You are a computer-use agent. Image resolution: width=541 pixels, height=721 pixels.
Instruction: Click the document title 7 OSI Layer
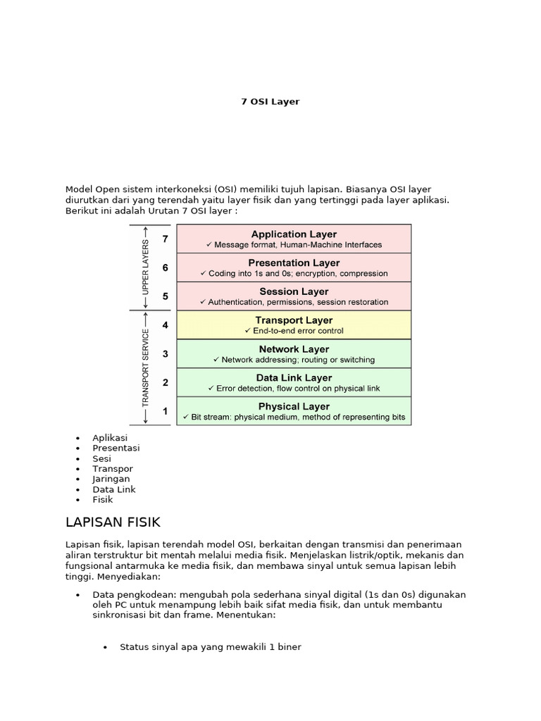tap(270, 101)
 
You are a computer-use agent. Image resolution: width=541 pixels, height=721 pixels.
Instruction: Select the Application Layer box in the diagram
tap(294, 239)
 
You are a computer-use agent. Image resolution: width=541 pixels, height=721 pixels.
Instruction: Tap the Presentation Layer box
tap(294, 268)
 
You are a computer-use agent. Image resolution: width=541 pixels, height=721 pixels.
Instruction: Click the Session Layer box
tap(294, 296)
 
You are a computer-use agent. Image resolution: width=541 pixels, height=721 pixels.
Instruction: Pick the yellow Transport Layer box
tap(294, 325)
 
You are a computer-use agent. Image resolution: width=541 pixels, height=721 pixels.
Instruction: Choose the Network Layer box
tap(294, 354)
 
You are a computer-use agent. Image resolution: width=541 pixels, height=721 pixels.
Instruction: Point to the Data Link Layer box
tap(294, 383)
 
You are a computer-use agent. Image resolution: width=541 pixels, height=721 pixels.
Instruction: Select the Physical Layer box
tap(294, 411)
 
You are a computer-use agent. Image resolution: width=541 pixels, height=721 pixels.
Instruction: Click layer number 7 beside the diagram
tap(165, 239)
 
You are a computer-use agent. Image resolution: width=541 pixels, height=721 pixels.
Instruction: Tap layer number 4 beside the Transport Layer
tap(165, 325)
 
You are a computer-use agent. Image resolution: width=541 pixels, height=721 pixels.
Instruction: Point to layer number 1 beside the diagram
tap(165, 411)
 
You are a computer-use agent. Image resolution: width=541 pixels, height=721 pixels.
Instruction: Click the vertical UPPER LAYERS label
tap(146, 268)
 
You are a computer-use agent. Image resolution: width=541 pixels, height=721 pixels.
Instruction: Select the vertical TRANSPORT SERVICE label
tap(146, 368)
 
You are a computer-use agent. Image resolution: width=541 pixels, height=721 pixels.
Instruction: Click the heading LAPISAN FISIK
tap(113, 522)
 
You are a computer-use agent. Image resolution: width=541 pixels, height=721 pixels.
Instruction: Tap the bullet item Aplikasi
tap(110, 438)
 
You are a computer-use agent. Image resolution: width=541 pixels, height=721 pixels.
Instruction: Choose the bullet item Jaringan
tap(111, 479)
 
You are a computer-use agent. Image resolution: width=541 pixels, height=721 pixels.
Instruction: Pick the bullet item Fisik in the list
tap(102, 499)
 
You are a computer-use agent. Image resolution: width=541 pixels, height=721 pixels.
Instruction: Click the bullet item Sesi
tap(102, 458)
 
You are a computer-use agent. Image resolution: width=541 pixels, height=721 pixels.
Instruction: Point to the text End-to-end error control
tap(293, 330)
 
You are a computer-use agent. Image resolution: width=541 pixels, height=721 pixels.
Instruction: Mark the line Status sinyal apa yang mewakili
tap(210, 646)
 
